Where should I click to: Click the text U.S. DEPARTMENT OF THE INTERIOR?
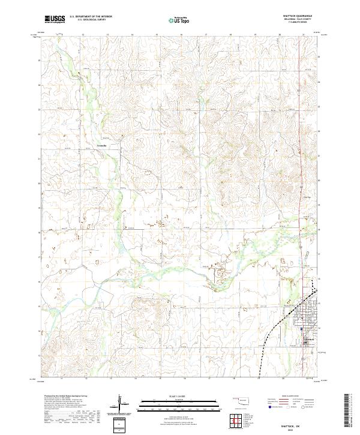click(91, 17)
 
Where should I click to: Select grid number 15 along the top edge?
click(156, 35)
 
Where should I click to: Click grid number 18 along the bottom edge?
click(233, 379)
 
